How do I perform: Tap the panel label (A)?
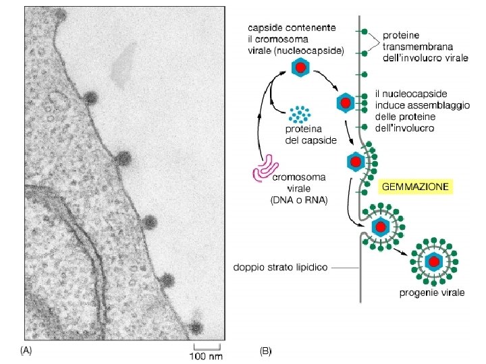26,351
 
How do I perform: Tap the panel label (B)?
266,351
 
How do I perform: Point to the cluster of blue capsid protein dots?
299,115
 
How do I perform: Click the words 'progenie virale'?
431,294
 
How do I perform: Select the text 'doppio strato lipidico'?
280,268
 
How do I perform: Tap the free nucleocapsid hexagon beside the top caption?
300,68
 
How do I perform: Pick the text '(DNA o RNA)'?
299,200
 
